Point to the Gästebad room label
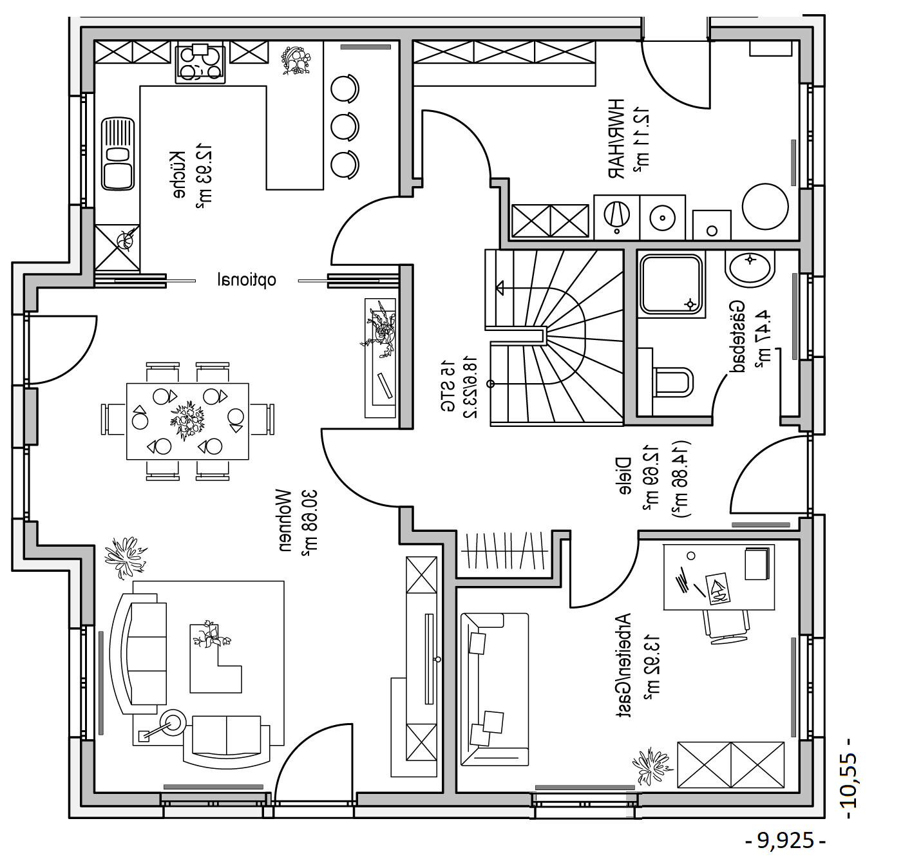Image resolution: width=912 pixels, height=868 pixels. click(738, 337)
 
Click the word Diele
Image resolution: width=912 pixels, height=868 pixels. click(623, 477)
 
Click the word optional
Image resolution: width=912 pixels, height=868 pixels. click(247, 280)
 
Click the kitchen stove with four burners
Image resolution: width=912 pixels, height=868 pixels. click(200, 64)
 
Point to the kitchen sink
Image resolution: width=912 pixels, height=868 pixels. click(118, 154)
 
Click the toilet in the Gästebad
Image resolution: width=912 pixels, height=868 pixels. click(672, 381)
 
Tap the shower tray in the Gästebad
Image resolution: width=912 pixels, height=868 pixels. click(670, 285)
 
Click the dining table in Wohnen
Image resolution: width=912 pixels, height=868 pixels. click(187, 421)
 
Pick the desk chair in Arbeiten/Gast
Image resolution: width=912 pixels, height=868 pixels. click(727, 625)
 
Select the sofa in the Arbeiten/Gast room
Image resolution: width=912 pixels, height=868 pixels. click(494, 689)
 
